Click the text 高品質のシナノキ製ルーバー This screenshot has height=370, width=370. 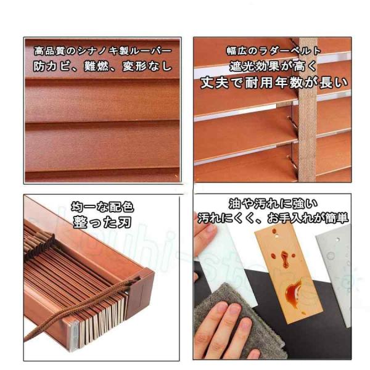click(102, 51)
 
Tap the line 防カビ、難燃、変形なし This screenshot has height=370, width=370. click(102, 67)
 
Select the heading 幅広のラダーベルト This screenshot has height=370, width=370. click(274, 51)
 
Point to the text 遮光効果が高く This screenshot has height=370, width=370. click(273, 66)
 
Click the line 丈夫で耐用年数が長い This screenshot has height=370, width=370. click(274, 83)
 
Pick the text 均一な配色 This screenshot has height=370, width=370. click(102, 207)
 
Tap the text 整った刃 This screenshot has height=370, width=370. click(102, 222)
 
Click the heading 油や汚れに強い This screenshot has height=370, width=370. click(273, 204)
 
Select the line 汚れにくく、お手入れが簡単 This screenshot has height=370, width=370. click(273, 218)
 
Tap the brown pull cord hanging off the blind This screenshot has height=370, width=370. click(78, 309)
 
